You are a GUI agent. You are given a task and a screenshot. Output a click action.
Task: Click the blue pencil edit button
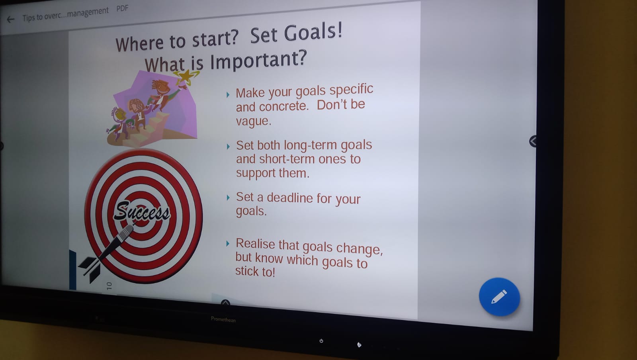(x=499, y=297)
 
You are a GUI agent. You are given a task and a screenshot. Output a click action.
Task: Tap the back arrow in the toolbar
(x=10, y=20)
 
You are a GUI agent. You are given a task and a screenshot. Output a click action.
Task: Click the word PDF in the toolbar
(x=122, y=8)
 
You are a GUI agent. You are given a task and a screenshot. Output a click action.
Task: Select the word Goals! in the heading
(x=313, y=32)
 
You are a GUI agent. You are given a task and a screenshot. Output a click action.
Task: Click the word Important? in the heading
(x=258, y=60)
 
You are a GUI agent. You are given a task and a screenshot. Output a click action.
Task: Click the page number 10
(x=109, y=286)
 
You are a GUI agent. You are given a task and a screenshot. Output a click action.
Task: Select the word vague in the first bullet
(x=252, y=121)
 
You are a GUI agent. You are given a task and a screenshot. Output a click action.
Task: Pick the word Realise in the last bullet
(x=255, y=244)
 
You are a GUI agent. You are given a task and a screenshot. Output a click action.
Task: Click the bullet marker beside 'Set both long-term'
(x=228, y=147)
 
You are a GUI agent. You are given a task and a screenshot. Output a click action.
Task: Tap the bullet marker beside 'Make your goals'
(x=228, y=95)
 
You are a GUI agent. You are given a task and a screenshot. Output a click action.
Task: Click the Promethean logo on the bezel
(x=223, y=319)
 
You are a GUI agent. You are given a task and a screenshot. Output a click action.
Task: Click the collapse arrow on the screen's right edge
(x=533, y=141)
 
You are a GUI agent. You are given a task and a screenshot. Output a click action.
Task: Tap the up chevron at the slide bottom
(x=225, y=303)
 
